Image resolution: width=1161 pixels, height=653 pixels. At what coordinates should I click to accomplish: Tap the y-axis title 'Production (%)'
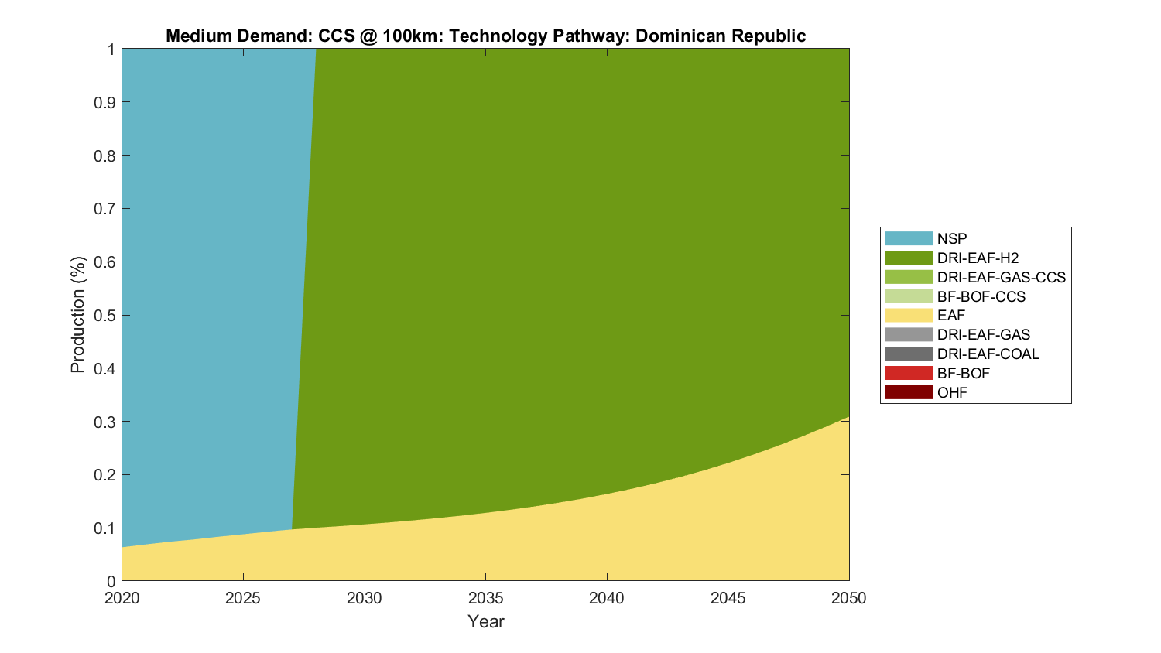(77, 315)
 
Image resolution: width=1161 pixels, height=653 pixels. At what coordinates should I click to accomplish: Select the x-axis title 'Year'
(485, 621)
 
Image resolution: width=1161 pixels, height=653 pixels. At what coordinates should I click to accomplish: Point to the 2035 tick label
(485, 598)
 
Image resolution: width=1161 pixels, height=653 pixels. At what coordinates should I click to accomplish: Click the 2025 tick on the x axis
(243, 598)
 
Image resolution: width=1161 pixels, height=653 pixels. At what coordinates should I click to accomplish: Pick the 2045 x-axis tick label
(728, 598)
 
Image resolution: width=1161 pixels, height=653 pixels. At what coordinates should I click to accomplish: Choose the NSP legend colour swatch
(909, 238)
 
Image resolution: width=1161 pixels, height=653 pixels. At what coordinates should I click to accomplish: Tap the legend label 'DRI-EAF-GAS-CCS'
(1001, 277)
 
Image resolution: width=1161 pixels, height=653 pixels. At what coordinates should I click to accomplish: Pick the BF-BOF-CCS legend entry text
(981, 296)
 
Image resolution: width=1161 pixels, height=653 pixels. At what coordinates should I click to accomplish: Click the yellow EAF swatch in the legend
(909, 316)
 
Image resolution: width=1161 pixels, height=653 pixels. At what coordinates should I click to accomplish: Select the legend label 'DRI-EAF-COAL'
(988, 354)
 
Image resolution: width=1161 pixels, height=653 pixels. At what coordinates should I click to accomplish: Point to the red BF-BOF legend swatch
(909, 373)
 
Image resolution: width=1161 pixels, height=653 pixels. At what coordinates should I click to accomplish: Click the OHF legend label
(952, 392)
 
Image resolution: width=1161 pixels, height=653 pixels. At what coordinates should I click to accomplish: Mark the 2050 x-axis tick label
(849, 598)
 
